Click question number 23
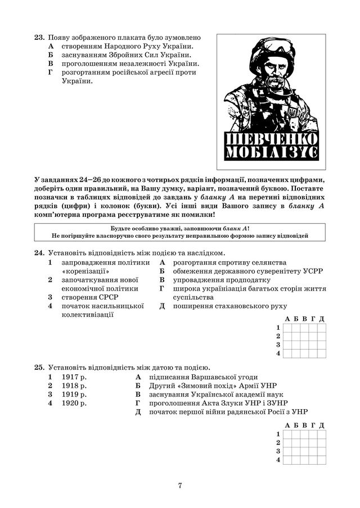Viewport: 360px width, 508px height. tap(39, 38)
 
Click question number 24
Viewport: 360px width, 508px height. tap(39, 253)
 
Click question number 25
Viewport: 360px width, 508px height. tap(39, 368)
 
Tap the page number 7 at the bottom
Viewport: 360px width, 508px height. tap(180, 486)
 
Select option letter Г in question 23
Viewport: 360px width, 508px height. tap(51, 72)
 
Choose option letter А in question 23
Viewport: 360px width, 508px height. tap(51, 46)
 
